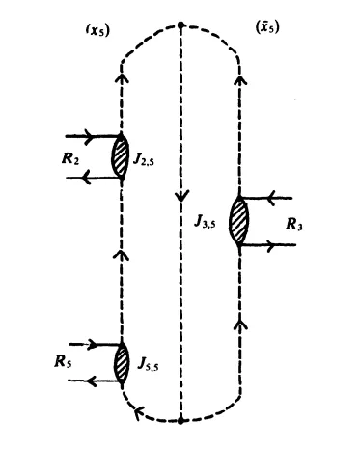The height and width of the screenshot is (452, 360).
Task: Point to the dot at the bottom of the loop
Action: coord(180,420)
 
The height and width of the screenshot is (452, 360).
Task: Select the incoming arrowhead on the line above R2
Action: coord(96,136)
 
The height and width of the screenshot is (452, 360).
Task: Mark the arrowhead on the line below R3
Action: coord(287,246)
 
